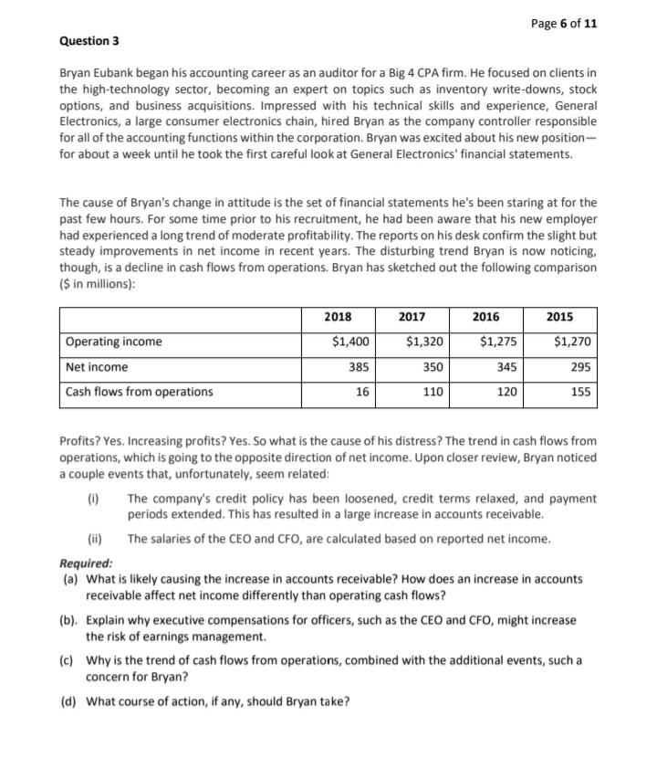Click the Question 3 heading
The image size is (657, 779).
[x=89, y=41]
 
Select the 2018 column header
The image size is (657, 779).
[x=338, y=317]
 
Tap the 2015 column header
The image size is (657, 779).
[x=559, y=317]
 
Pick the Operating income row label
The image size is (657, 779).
[x=114, y=342]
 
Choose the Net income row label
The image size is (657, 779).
[x=98, y=367]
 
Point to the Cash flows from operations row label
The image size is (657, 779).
[x=140, y=392]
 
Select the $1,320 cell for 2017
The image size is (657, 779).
[x=425, y=342]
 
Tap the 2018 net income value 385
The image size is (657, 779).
[x=359, y=367]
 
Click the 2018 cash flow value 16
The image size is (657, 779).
[x=362, y=392]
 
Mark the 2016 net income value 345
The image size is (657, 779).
[x=506, y=367]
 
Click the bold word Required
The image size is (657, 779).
[x=86, y=563]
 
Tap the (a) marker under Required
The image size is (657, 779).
[x=70, y=579]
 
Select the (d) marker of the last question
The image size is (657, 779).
[x=70, y=701]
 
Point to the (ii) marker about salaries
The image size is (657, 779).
[x=94, y=539]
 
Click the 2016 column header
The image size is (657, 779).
[x=485, y=317]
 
